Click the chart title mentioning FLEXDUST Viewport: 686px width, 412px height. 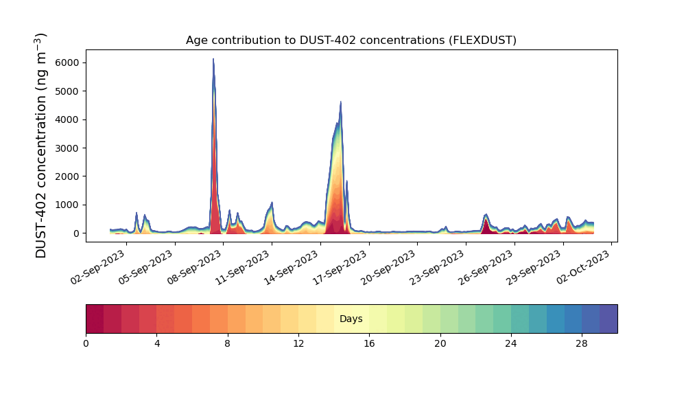[x=351, y=41]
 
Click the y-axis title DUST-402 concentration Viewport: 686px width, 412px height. [x=40, y=146]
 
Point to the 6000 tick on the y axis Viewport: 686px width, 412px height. [x=67, y=62]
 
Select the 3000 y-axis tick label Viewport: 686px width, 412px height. [x=67, y=148]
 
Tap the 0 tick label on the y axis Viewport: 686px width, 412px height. [x=77, y=233]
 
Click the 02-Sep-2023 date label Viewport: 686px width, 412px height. [x=98, y=268]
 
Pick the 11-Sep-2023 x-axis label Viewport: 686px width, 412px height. [x=243, y=268]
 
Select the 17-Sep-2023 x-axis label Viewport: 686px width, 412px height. [x=340, y=268]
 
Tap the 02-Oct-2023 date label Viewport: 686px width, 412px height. [x=583, y=267]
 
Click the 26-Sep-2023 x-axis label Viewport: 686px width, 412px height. [x=486, y=268]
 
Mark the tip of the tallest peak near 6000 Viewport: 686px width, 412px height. [x=213, y=58]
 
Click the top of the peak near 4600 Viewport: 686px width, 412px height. [x=340, y=102]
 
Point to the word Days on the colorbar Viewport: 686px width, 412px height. [x=351, y=319]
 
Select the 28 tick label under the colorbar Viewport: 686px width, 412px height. [x=582, y=344]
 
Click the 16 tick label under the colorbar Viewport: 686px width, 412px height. [x=369, y=344]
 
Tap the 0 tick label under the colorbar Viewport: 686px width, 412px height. [x=86, y=344]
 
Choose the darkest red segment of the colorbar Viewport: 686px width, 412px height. [x=95, y=319]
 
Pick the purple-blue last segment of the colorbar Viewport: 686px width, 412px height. [x=608, y=319]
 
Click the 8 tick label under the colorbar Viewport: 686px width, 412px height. [x=228, y=344]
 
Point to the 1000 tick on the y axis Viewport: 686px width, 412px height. [x=67, y=205]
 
